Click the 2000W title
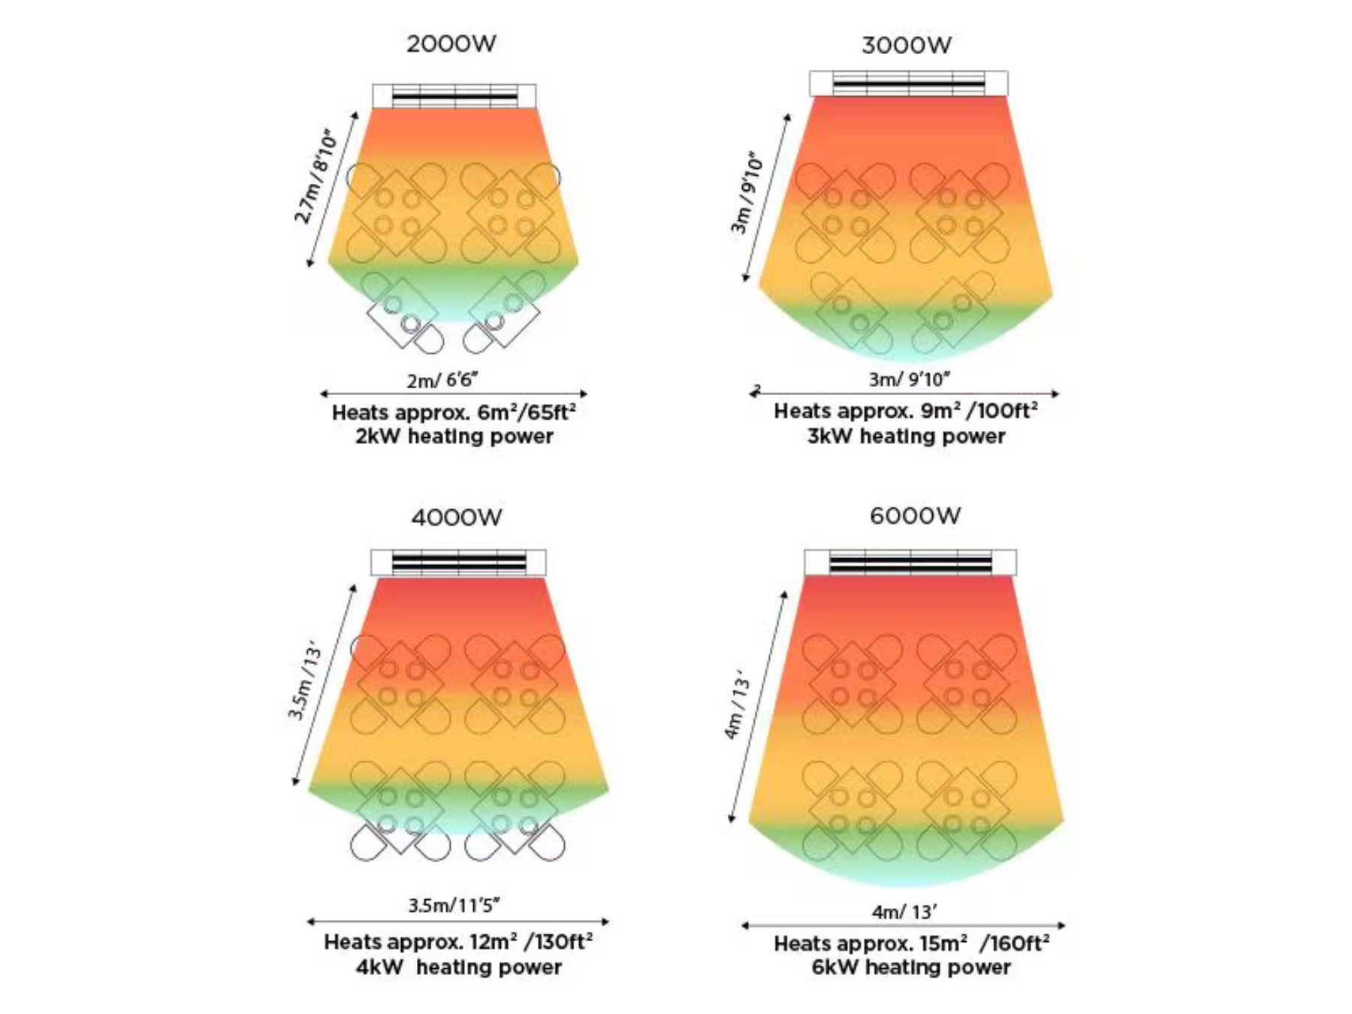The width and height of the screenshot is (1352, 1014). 451,44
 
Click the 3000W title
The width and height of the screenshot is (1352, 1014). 906,45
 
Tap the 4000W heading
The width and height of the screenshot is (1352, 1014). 457,518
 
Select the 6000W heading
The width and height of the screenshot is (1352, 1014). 915,516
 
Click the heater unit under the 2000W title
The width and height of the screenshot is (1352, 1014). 454,96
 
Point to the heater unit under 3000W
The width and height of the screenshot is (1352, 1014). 908,83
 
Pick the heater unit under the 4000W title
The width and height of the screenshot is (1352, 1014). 458,563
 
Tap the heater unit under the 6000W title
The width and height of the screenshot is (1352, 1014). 910,563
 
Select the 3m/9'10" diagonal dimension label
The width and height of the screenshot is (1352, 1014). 747,195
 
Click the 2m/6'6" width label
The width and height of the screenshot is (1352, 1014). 442,380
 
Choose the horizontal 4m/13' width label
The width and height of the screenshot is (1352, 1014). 904,912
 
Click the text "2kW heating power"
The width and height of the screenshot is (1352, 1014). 454,436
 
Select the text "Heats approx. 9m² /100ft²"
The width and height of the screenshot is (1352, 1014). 906,412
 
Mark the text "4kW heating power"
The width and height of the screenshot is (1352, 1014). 458,967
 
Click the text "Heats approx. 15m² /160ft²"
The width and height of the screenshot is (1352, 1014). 911,943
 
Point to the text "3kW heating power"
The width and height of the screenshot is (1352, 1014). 906,436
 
